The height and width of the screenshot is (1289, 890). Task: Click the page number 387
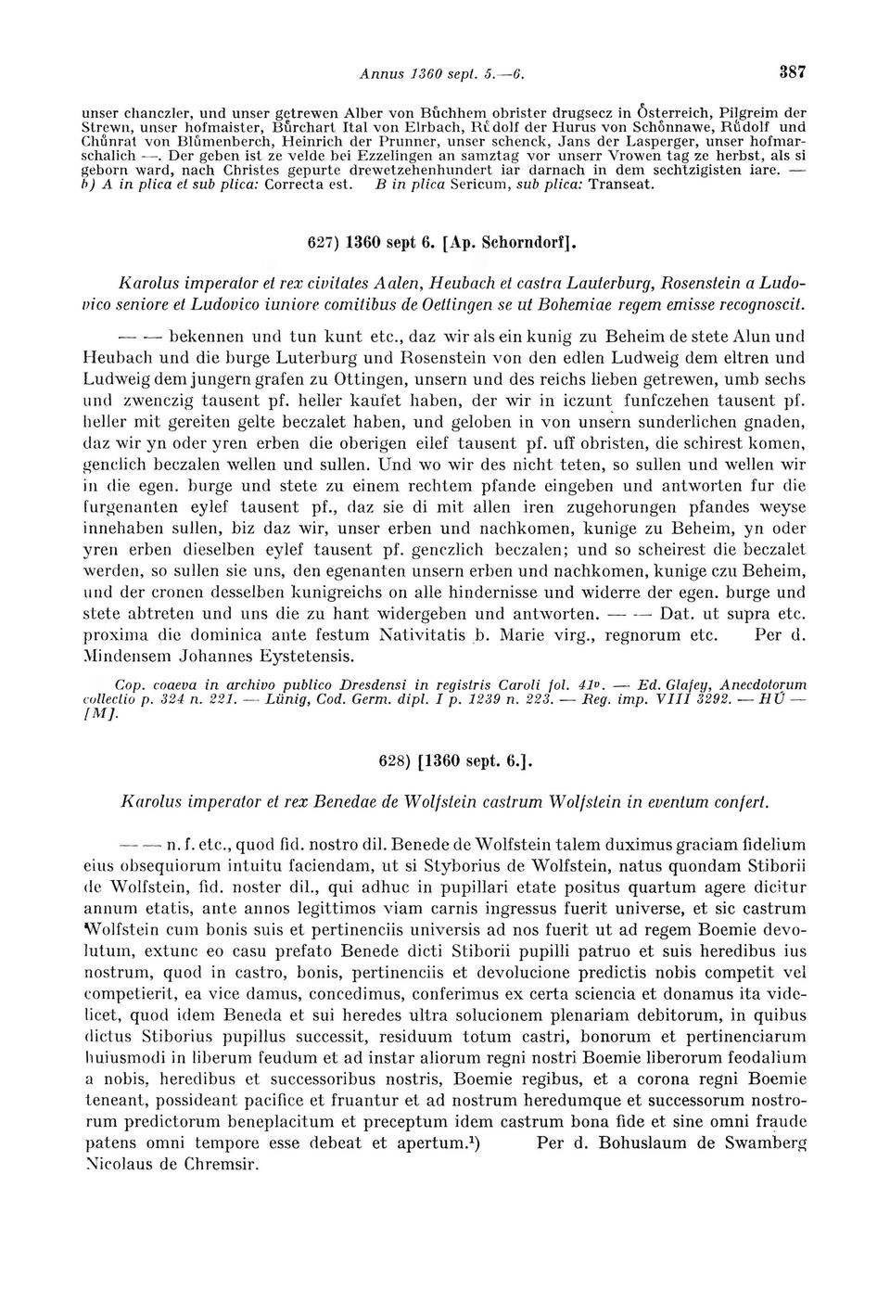(x=793, y=70)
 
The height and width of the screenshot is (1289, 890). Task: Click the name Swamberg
(x=760, y=1143)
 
